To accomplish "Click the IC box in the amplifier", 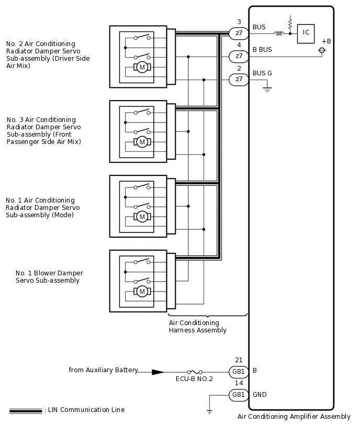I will (x=306, y=33).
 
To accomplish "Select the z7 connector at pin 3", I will (x=239, y=33).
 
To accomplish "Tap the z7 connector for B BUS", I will (x=239, y=56).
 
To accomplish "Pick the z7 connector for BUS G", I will (x=239, y=79).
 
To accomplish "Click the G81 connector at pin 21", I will (x=239, y=372).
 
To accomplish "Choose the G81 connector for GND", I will (x=239, y=395).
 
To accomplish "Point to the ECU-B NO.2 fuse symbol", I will (x=194, y=372).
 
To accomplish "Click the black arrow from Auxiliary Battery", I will (x=158, y=372).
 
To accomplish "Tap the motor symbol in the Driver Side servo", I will (x=142, y=67).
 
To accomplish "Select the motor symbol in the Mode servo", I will (x=142, y=216).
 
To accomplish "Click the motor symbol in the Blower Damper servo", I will (x=142, y=291).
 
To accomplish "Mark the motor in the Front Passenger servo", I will (x=142, y=142).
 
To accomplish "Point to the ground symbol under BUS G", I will (x=267, y=90).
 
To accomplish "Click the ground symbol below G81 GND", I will (x=209, y=411).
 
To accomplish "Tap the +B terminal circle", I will (x=322, y=50).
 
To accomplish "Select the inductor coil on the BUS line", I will (x=278, y=33).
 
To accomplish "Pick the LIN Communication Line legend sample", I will (x=26, y=411).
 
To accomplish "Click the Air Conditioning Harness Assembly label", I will (x=197, y=327).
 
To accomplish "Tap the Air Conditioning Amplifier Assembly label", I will (x=294, y=417).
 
